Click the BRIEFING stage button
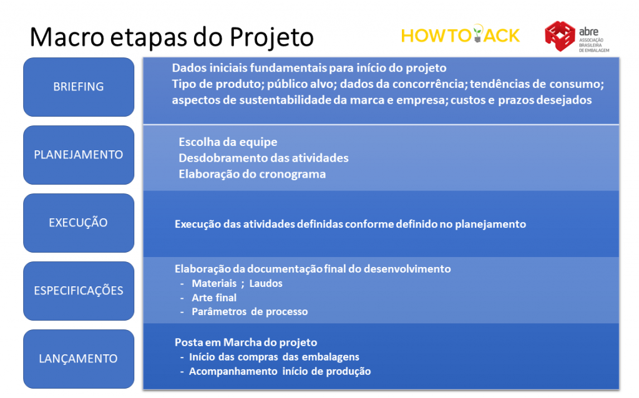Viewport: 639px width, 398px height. tap(79, 87)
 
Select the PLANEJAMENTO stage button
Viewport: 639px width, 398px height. tap(79, 155)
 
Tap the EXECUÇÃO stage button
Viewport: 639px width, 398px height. tap(79, 223)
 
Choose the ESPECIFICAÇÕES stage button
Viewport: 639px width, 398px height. tap(79, 291)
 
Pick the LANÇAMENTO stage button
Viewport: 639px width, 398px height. tap(79, 359)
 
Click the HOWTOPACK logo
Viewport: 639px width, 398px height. tap(461, 35)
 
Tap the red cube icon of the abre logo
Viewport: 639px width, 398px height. tap(560, 36)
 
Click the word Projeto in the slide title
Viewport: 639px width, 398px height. tap(271, 37)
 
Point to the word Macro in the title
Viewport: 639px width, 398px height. tap(67, 37)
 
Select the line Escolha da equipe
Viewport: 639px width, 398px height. tap(228, 142)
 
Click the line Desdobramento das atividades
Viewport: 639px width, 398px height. tap(264, 158)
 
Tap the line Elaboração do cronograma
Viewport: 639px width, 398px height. tap(252, 174)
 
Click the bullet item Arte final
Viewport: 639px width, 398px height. tap(214, 298)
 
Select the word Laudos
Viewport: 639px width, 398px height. tap(266, 284)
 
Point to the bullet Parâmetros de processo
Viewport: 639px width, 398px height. tap(250, 312)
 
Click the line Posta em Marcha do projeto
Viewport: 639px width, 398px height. tap(246, 342)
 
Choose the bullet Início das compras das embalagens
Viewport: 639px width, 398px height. tap(274, 357)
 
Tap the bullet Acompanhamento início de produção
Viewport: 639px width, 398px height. tap(280, 372)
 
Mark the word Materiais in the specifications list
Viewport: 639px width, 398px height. tap(214, 284)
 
